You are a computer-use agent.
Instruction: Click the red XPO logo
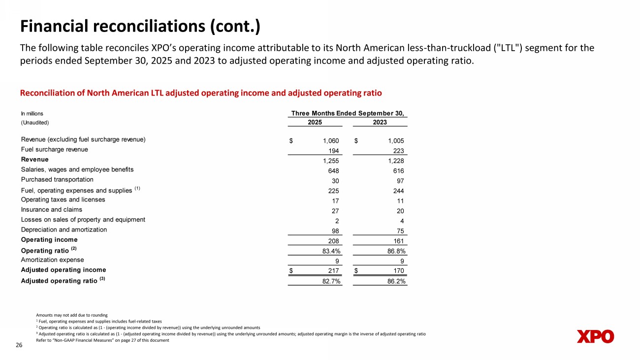click(595, 336)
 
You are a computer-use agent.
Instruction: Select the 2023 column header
click(380, 122)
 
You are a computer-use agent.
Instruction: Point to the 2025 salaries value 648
click(333, 170)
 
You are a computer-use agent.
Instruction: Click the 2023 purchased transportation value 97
click(399, 181)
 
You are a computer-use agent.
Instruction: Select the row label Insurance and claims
click(52, 210)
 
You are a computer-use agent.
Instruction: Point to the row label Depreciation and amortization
click(64, 229)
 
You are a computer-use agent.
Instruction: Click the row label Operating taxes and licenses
click(63, 199)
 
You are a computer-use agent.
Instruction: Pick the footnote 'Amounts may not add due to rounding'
click(72, 315)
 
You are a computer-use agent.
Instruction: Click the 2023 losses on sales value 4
click(402, 221)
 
